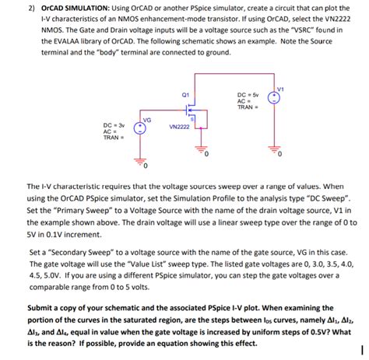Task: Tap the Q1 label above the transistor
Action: click(184, 95)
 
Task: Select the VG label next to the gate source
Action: click(146, 119)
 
